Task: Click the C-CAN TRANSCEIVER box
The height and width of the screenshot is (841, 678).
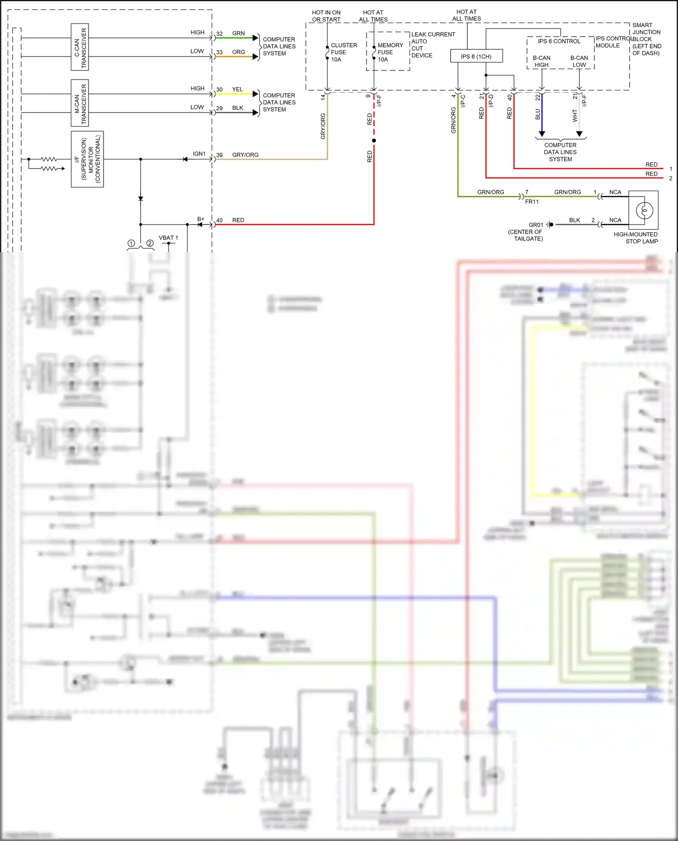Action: (x=80, y=47)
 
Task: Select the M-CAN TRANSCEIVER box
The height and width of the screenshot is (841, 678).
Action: (x=80, y=103)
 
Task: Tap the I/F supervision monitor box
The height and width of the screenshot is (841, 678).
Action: (x=87, y=159)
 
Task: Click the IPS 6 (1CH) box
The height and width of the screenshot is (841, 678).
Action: (x=476, y=56)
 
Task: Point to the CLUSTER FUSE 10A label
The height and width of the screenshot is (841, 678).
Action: (x=344, y=52)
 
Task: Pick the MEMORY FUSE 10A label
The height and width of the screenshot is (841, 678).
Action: (x=390, y=52)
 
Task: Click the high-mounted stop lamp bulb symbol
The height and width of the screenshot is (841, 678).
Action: (x=644, y=210)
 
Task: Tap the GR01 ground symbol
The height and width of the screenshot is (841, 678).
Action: (x=550, y=225)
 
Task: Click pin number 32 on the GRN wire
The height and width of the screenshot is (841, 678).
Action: (x=219, y=34)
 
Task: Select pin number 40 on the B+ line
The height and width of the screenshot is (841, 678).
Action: (x=219, y=221)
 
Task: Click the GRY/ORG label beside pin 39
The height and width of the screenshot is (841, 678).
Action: (x=245, y=155)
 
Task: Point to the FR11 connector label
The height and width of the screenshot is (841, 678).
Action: (x=532, y=202)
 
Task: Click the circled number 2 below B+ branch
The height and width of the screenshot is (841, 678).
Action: (x=150, y=244)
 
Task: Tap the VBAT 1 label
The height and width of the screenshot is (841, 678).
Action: (x=168, y=238)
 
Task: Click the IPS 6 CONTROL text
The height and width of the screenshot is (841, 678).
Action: (x=559, y=42)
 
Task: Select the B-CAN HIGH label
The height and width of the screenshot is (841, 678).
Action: (x=541, y=61)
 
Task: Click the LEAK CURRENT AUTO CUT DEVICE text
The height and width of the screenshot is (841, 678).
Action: (x=433, y=45)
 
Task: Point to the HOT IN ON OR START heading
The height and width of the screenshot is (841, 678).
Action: (x=326, y=16)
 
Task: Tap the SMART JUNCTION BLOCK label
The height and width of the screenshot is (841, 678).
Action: (x=646, y=39)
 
